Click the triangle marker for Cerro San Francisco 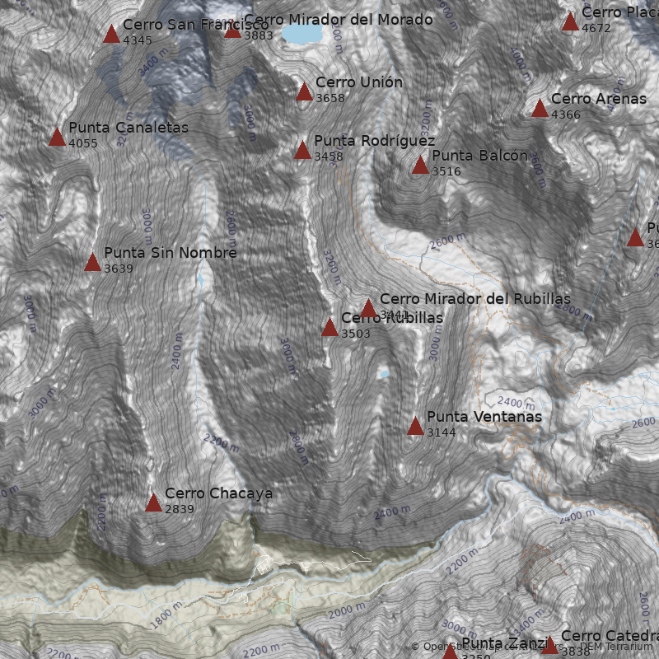(x=111, y=35)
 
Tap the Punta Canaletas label (x=129, y=128)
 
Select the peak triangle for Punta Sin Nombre (x=92, y=263)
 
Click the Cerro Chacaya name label (x=218, y=493)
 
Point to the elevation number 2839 (x=180, y=509)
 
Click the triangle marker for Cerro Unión (x=305, y=91)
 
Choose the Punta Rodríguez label (x=374, y=142)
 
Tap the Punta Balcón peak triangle (x=420, y=166)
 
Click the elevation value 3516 (x=446, y=171)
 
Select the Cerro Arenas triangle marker (x=540, y=109)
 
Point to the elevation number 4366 (x=566, y=115)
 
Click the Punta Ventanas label (x=484, y=417)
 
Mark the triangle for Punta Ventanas (x=415, y=426)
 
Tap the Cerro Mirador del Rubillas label (x=474, y=299)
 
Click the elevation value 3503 (x=356, y=334)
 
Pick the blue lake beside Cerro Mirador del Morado (x=302, y=33)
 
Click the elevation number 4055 (x=83, y=143)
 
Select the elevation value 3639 (x=119, y=269)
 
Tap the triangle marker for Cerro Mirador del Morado (x=232, y=30)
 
